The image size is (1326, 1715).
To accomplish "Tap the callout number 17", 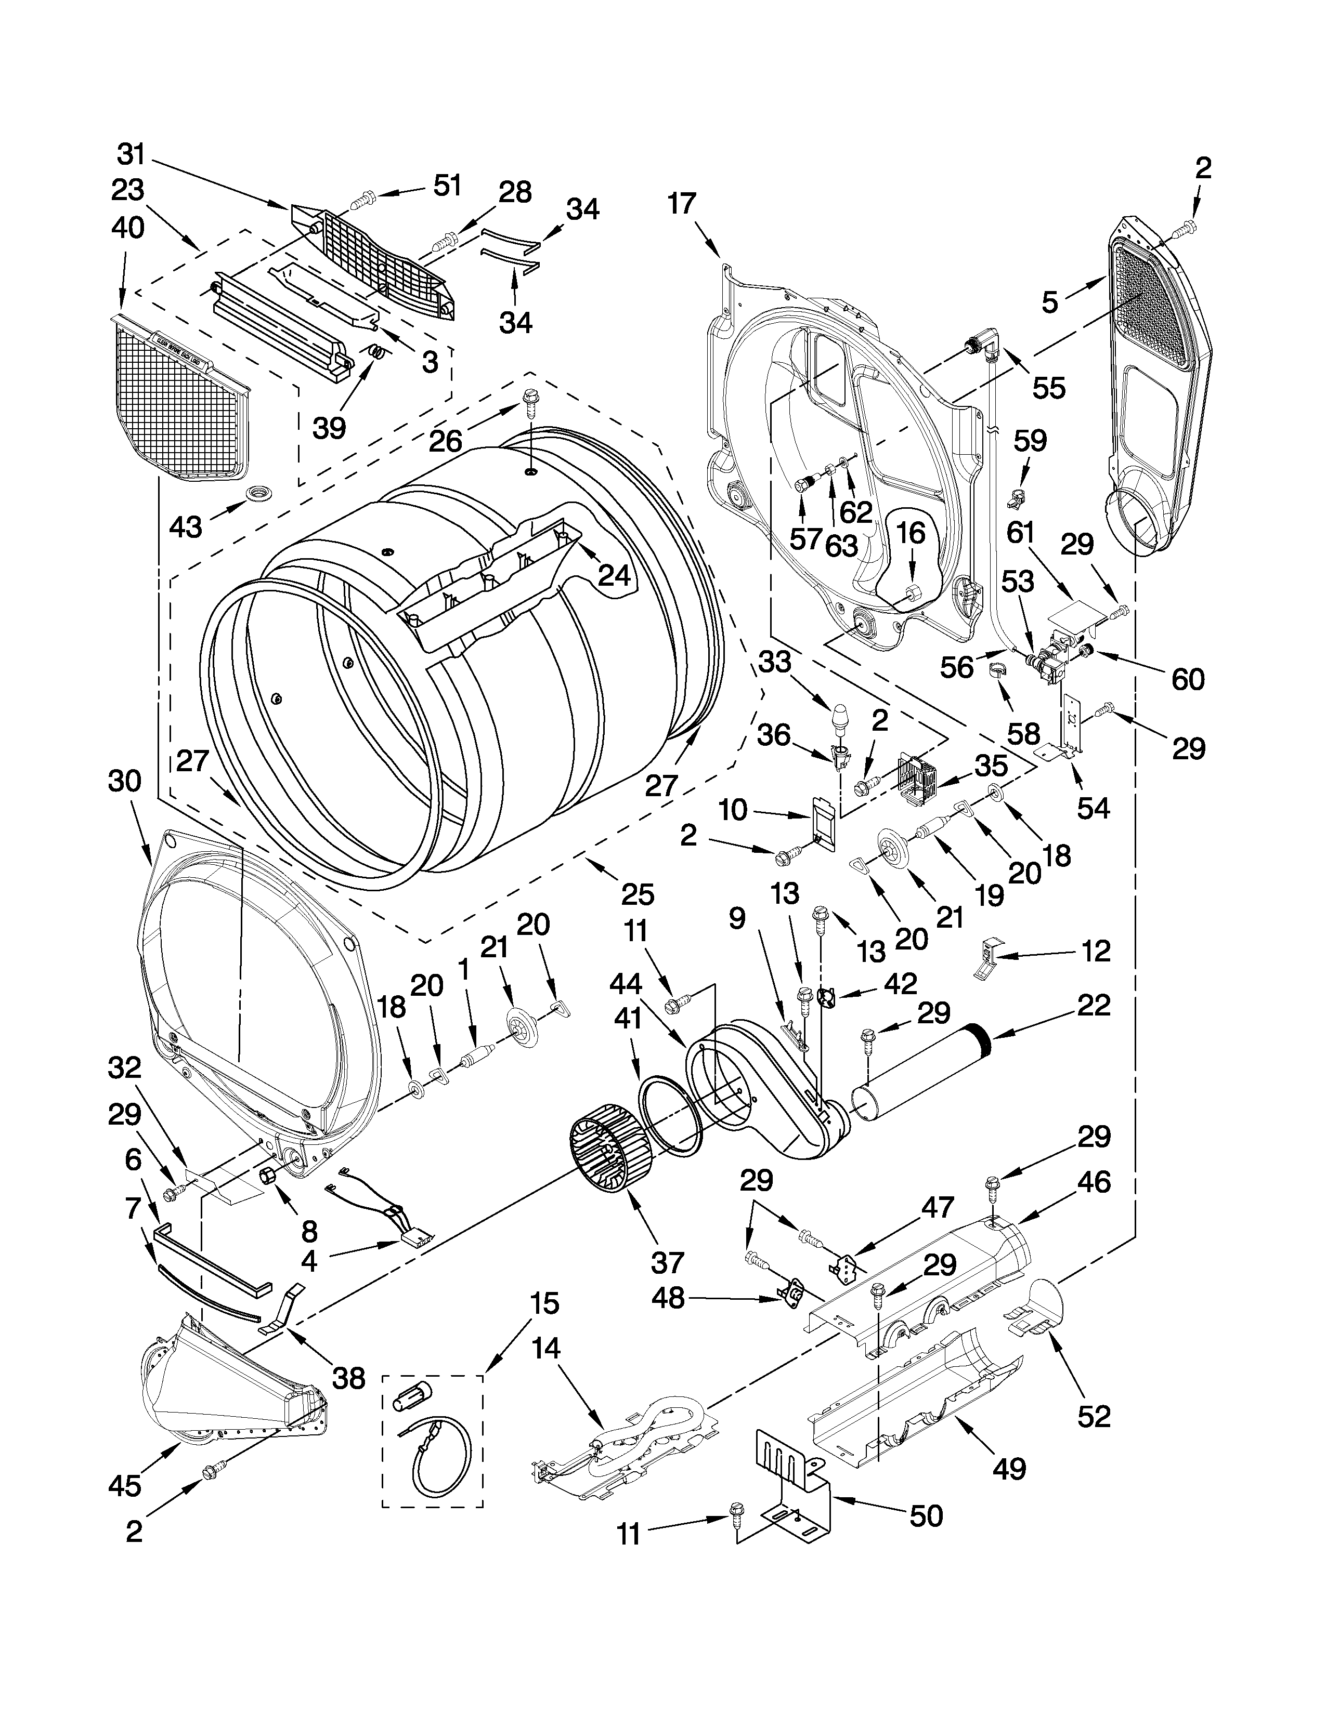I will click(x=682, y=205).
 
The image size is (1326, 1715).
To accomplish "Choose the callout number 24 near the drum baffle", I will click(x=614, y=576).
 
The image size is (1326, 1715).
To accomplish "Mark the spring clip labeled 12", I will click(x=987, y=959).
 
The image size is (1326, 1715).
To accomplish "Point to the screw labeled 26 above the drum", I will click(x=529, y=406).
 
